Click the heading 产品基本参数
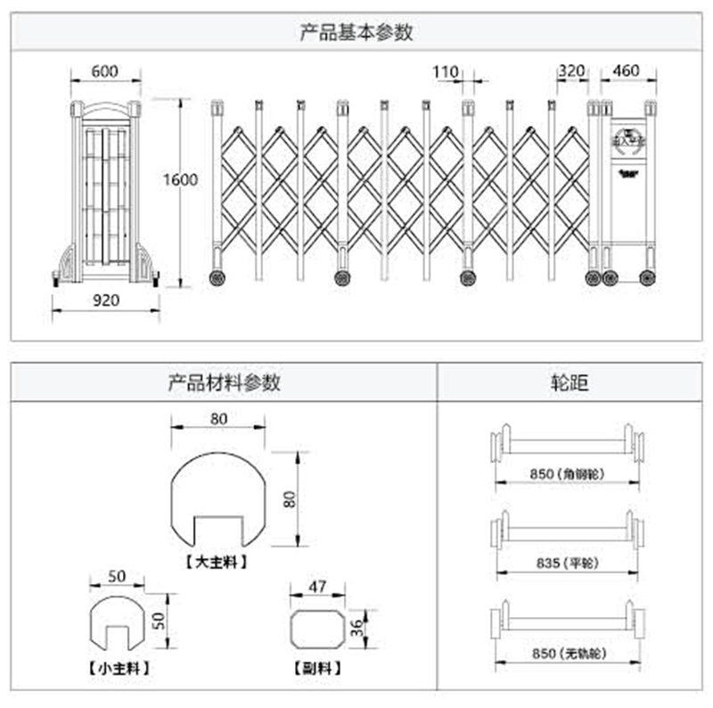356,33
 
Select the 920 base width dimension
106,300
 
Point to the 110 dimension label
445,71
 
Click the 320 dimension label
571,71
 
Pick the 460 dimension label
628,71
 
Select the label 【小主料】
119,667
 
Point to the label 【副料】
318,667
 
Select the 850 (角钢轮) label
567,474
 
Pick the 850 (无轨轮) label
567,654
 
